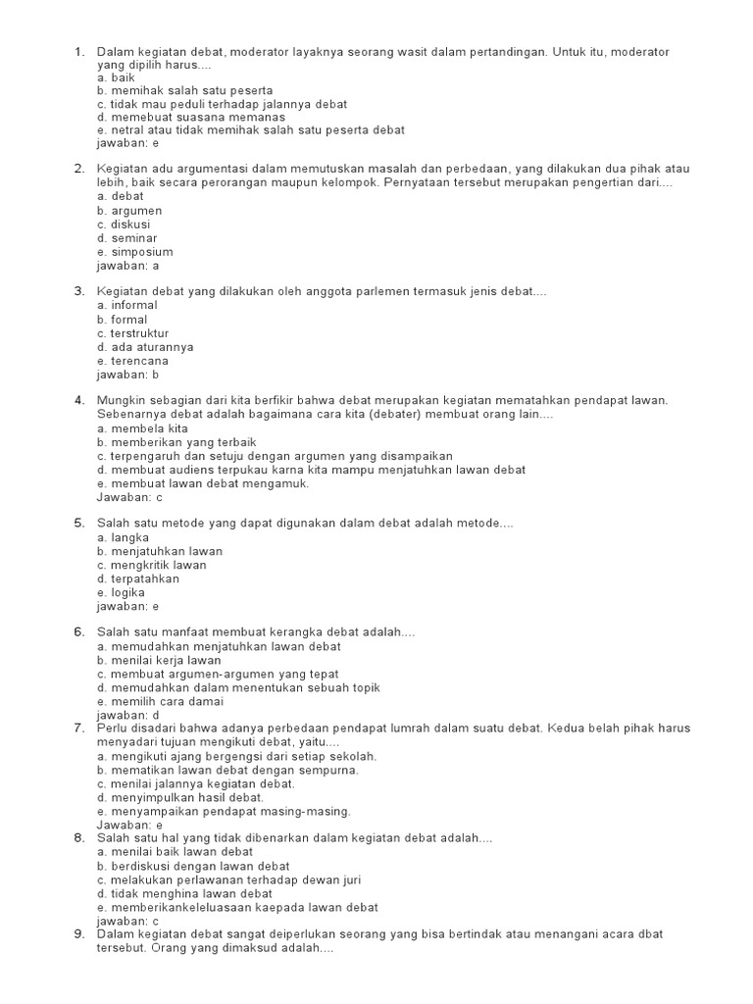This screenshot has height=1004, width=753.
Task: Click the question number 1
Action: point(78,51)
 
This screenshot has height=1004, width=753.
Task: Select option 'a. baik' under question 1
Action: point(116,76)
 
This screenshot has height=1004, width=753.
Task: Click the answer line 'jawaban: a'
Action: point(127,266)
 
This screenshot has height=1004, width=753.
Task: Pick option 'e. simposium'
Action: point(135,252)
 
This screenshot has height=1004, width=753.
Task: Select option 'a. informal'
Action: point(127,306)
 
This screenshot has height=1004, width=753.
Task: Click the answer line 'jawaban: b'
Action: point(127,375)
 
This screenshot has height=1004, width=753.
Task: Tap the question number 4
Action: point(78,401)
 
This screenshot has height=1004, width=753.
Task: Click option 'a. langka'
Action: point(124,537)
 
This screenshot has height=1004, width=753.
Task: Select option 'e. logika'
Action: point(122,592)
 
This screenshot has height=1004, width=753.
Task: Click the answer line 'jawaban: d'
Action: point(127,716)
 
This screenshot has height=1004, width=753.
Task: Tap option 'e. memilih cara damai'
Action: point(161,702)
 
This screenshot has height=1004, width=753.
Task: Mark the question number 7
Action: point(78,728)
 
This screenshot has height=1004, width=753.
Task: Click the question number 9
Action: point(78,934)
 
